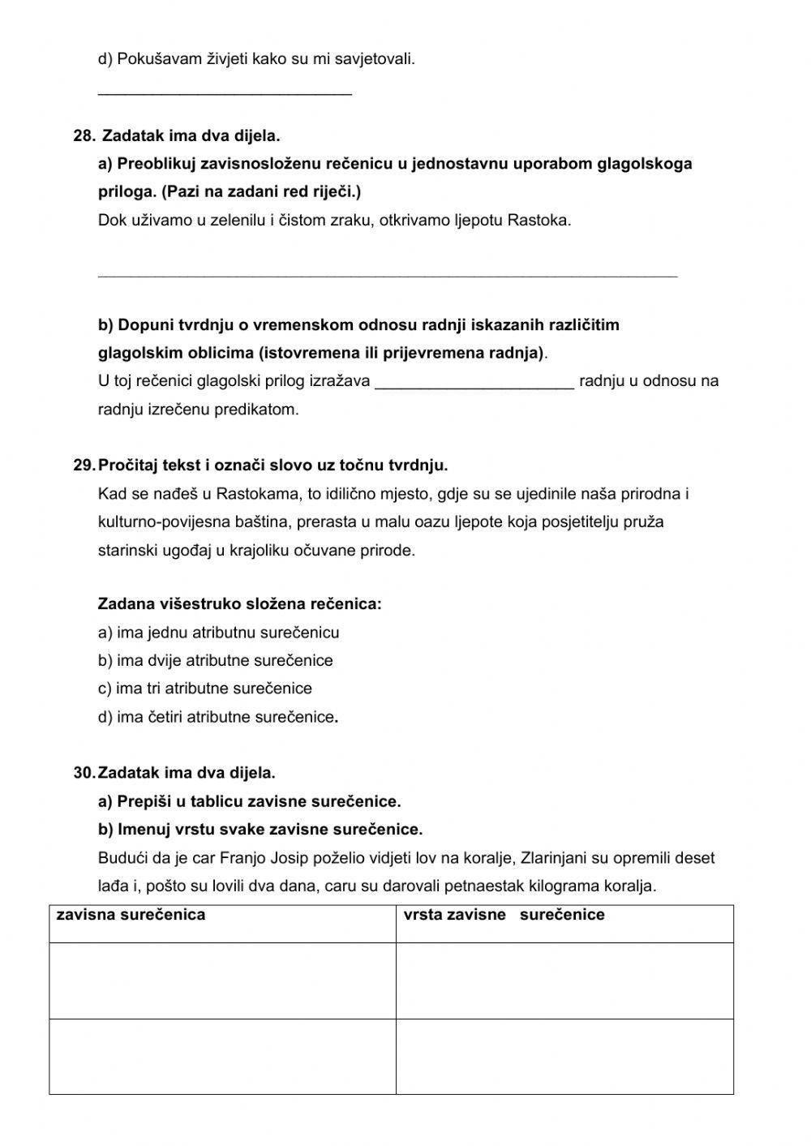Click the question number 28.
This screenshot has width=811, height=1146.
click(84, 135)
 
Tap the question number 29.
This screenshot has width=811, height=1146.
click(84, 466)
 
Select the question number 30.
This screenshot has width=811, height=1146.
click(84, 773)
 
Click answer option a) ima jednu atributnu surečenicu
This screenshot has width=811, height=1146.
click(218, 633)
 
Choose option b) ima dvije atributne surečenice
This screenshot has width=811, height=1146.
click(215, 661)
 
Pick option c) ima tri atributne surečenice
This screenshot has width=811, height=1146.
click(204, 689)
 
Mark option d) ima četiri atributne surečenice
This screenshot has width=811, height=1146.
click(217, 717)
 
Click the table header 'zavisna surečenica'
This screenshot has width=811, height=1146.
click(131, 915)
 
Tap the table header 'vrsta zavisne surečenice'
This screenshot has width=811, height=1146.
click(504, 915)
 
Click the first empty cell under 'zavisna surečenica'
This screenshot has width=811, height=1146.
click(222, 980)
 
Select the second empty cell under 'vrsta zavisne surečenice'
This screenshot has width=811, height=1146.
click(564, 1056)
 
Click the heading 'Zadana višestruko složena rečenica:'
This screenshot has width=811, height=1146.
click(239, 604)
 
